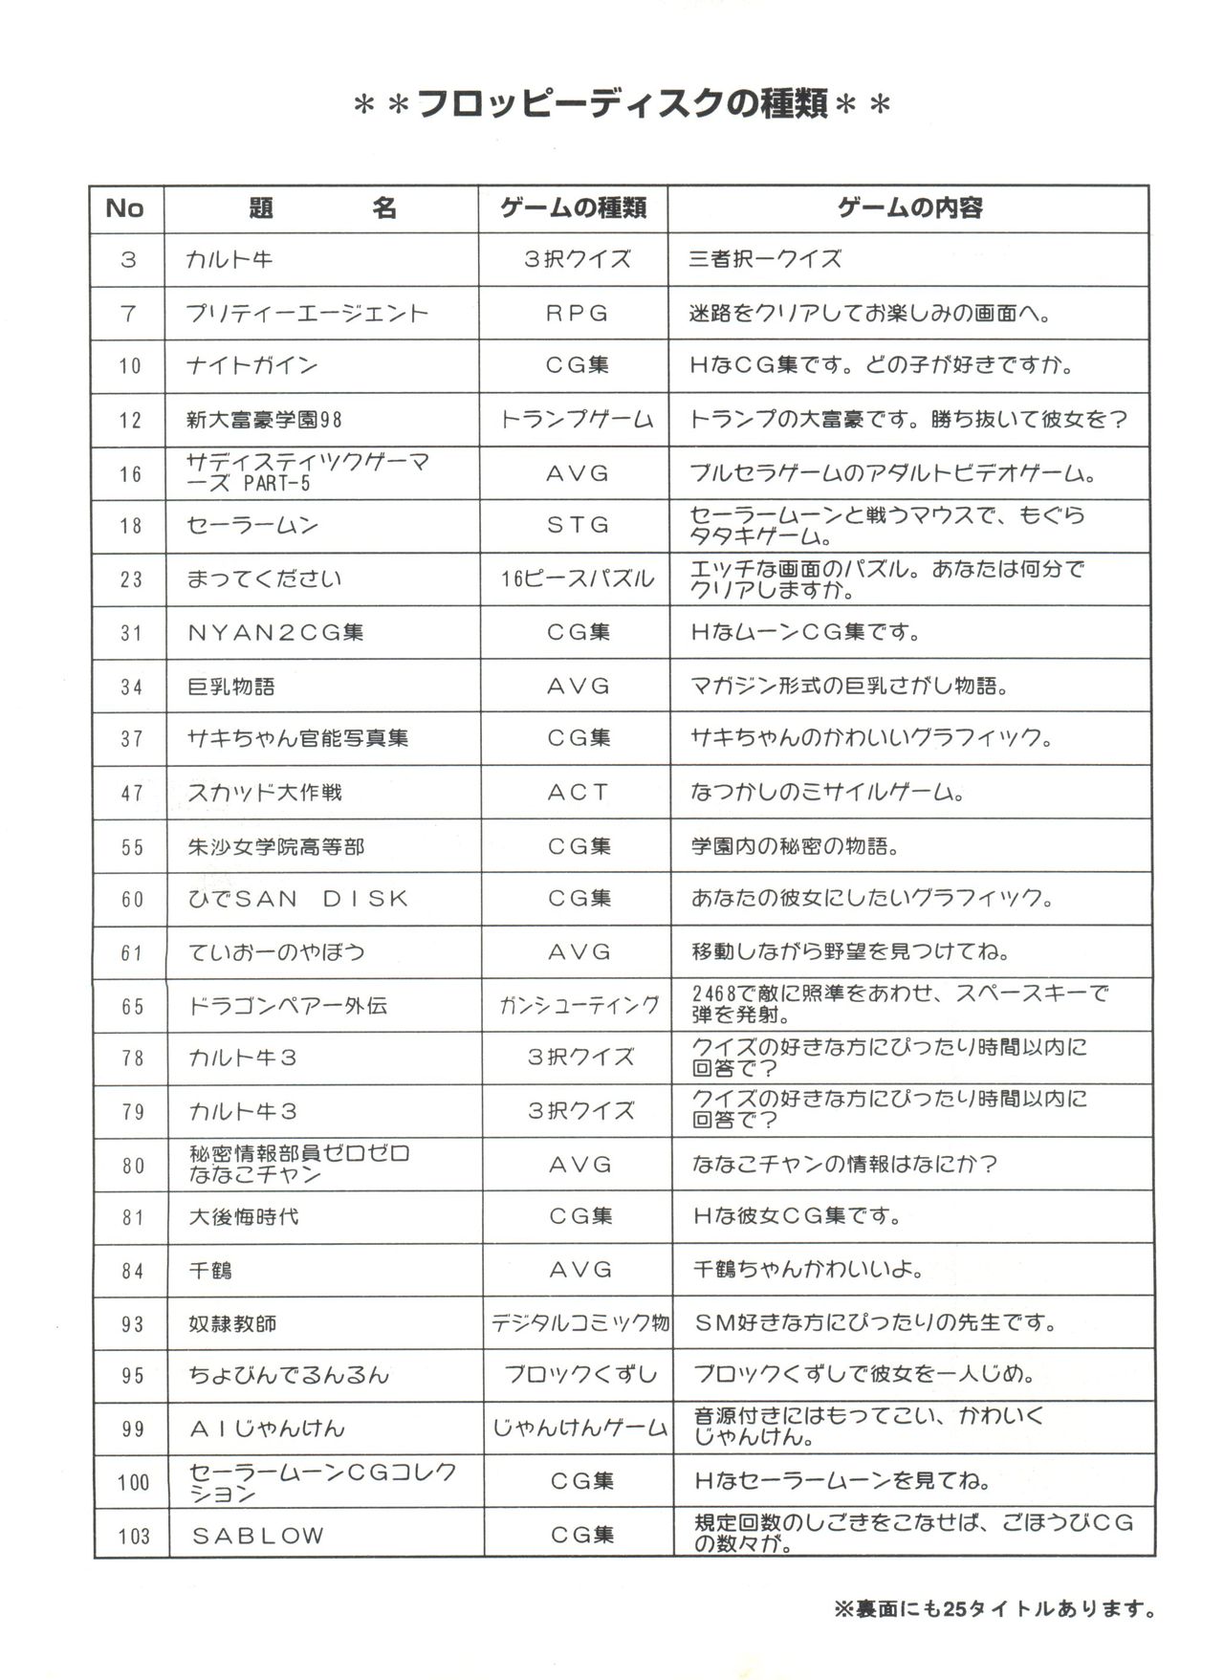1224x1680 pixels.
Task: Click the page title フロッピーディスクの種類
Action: click(623, 103)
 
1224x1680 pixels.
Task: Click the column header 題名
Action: click(321, 208)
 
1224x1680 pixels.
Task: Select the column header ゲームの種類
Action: click(574, 208)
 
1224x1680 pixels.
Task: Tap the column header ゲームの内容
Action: click(909, 208)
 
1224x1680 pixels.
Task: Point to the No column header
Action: click(125, 208)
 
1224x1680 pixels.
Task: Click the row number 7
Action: click(129, 314)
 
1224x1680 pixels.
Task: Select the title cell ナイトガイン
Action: click(252, 365)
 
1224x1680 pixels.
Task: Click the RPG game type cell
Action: click(577, 314)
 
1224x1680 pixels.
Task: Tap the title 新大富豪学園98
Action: click(265, 420)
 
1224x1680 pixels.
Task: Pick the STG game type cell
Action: click(578, 525)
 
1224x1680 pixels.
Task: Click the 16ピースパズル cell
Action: click(578, 578)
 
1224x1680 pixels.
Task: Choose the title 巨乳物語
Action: click(231, 687)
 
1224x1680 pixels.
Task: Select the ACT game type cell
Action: click(578, 793)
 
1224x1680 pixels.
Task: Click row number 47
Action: click(131, 793)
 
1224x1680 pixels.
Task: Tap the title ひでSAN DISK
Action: click(298, 899)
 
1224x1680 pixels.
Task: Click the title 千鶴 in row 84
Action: click(211, 1271)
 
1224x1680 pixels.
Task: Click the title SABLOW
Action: click(258, 1536)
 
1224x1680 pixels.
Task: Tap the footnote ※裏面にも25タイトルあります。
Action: click(994, 1610)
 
